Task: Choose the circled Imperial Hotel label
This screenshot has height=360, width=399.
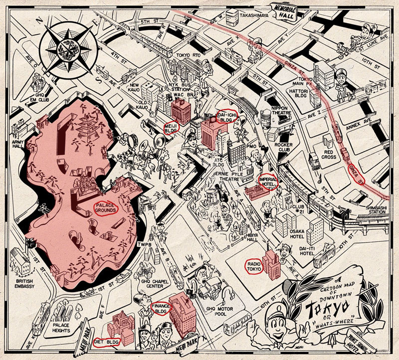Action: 267,181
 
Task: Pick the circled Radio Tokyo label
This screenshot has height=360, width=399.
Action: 254,266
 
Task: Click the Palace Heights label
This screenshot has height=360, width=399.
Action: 64,327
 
